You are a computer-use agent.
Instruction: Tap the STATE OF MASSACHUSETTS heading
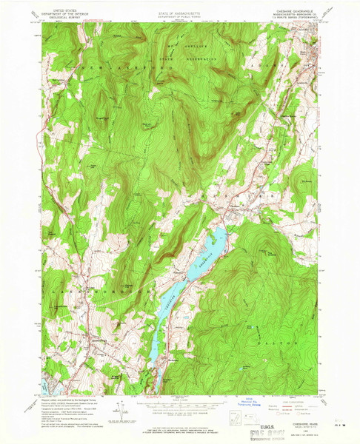(180, 10)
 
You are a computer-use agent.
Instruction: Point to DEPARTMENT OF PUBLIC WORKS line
(180, 13)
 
